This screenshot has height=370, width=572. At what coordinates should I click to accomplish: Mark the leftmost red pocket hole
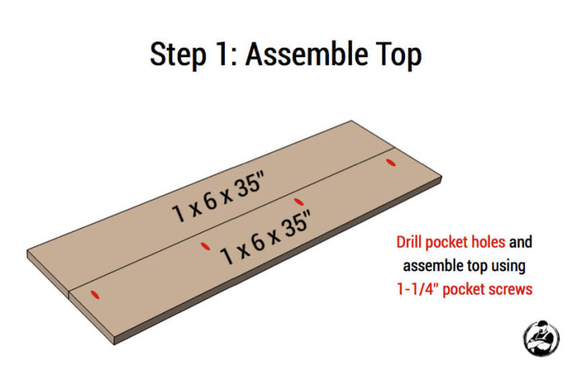(96, 295)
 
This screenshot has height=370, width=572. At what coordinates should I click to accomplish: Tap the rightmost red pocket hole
(391, 162)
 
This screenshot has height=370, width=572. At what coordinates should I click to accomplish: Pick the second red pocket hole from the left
(205, 246)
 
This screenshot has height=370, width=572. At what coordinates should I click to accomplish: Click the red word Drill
(412, 242)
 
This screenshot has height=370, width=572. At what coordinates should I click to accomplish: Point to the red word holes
(488, 242)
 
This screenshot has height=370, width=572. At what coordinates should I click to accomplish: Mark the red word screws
(511, 289)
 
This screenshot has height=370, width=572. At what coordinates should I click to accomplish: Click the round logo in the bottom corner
(541, 338)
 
